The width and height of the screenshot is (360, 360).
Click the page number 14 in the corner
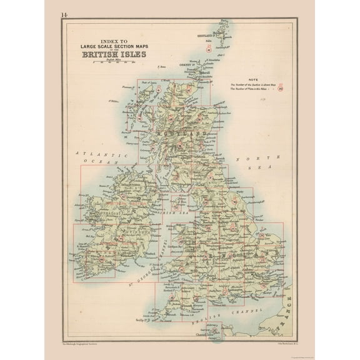point(65,14)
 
